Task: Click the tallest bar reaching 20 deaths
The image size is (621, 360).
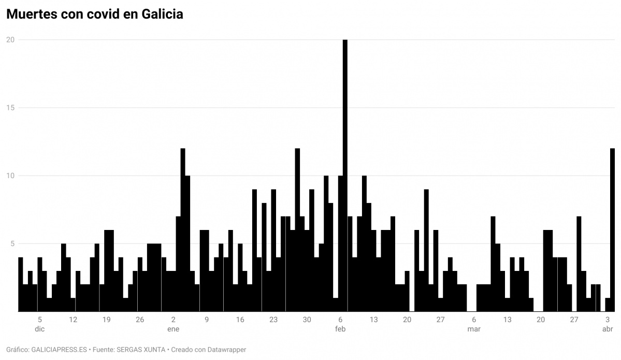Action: pos(345,176)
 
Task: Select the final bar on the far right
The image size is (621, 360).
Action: pos(612,230)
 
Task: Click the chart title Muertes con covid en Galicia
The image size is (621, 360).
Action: pos(95,15)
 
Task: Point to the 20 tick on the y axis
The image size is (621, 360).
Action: pos(10,40)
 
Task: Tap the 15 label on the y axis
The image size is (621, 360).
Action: pos(10,108)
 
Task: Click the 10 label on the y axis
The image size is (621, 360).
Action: pos(10,176)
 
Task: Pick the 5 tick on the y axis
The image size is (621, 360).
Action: pos(11,243)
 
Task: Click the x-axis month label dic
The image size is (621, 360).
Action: pos(40,329)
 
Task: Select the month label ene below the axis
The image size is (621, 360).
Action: pos(173,329)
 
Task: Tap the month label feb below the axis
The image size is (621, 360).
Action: pos(340,329)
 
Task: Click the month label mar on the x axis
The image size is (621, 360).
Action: pos(474,329)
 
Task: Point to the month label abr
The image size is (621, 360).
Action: pos(608,329)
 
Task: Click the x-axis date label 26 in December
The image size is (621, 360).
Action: pos(140,320)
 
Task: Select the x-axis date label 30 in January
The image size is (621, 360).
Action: pos(307,320)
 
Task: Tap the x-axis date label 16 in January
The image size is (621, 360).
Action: pos(240,320)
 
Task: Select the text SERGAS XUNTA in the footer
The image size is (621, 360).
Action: pos(143,350)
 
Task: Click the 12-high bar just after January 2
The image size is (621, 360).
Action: pos(183,230)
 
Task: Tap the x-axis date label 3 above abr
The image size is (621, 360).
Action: pos(608,320)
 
